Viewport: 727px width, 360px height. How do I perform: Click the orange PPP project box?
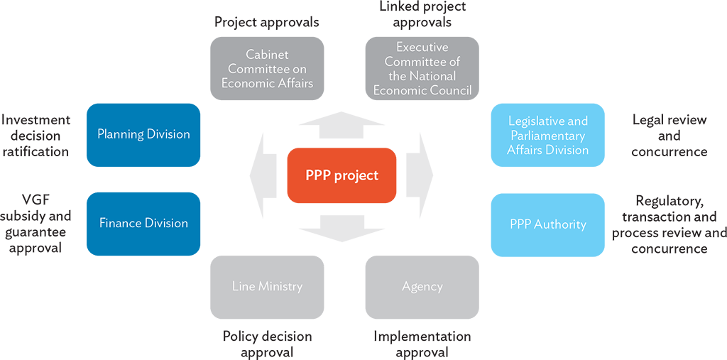(x=341, y=175)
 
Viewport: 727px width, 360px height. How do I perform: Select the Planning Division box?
(x=143, y=135)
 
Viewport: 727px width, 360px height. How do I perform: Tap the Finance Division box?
(x=143, y=223)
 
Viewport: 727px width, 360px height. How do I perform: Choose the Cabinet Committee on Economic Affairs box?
(x=266, y=69)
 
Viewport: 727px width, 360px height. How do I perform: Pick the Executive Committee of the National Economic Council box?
(x=422, y=69)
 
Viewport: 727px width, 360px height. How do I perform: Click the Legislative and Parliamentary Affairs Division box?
(x=547, y=136)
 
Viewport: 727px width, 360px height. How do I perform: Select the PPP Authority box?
(x=547, y=224)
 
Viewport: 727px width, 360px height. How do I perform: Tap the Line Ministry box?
(x=266, y=287)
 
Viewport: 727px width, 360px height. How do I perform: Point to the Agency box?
(x=422, y=287)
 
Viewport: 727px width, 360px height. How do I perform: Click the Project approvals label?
(x=266, y=22)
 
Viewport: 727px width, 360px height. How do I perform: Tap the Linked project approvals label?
(x=422, y=14)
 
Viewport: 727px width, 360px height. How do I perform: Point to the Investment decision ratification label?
(x=35, y=136)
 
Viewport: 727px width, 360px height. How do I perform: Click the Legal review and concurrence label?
(x=669, y=136)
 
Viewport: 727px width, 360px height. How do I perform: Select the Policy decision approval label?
(x=266, y=344)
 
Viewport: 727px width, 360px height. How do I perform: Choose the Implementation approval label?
(x=422, y=344)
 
